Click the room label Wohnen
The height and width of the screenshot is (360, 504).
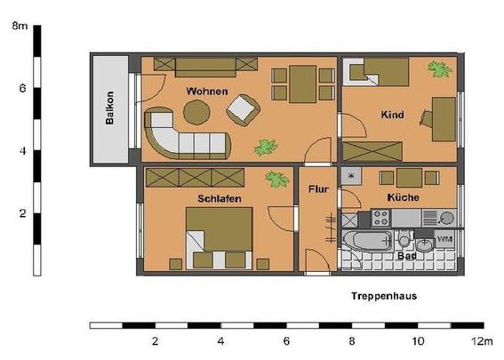tap(206, 92)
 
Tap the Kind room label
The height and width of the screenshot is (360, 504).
tap(391, 115)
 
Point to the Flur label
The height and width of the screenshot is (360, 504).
tap(318, 189)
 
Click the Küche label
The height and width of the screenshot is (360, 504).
tap(403, 196)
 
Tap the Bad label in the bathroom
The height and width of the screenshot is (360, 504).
tap(406, 254)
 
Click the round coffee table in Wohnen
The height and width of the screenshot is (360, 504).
tap(196, 111)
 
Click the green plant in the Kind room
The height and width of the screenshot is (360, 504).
tap(438, 68)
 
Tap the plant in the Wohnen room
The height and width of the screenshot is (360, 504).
tap(265, 146)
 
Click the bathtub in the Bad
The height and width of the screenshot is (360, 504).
tap(367, 240)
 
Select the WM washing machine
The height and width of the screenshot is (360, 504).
tap(444, 240)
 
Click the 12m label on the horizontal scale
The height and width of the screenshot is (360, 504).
tap(482, 341)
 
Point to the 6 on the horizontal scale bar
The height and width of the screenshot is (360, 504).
tap(286, 341)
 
